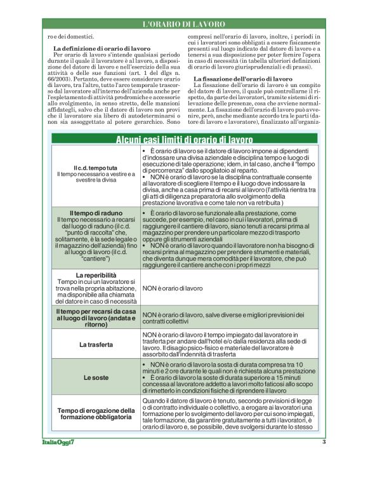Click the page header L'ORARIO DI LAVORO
tap(183, 24)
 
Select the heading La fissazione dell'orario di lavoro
tap(242, 78)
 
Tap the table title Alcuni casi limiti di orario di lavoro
tap(183, 139)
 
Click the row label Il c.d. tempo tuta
tap(95, 167)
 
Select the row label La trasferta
tap(95, 344)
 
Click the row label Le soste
tap(95, 377)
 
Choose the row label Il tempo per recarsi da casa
tap(95, 312)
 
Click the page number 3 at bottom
tap(324, 443)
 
